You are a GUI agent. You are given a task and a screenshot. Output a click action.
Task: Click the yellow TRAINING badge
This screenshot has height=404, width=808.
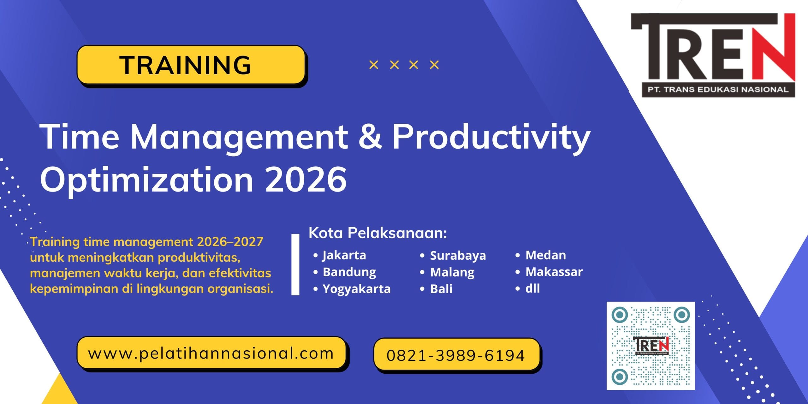(191, 65)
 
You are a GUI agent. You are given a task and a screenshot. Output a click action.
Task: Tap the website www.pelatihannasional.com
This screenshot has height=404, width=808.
(211, 353)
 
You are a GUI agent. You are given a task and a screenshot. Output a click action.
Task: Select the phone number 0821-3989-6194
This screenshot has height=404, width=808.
(456, 355)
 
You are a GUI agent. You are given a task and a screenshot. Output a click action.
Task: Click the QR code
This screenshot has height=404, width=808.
(651, 346)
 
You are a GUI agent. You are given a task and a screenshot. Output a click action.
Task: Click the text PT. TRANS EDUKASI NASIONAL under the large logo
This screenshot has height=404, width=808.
(718, 90)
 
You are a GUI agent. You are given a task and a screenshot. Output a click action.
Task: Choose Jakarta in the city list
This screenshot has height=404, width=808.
(344, 255)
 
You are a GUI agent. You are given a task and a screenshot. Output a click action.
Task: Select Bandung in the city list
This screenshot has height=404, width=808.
(349, 272)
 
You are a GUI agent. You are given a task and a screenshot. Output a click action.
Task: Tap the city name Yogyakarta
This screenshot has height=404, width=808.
(357, 289)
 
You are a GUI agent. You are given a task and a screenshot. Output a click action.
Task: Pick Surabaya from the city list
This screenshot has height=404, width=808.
(458, 255)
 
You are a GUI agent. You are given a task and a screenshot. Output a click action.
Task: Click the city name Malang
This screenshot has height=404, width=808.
(452, 272)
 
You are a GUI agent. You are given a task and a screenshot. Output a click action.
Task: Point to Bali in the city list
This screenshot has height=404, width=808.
(441, 289)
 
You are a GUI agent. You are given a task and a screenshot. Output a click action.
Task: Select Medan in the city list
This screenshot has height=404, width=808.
(546, 255)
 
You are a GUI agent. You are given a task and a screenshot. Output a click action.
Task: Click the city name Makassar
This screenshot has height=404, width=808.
(554, 272)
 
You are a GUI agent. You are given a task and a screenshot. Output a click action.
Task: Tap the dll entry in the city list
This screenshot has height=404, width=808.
(532, 288)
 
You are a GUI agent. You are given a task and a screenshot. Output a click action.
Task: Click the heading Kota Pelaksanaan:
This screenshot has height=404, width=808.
(378, 233)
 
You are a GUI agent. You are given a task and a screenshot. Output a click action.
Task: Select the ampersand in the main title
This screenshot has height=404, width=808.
(370, 137)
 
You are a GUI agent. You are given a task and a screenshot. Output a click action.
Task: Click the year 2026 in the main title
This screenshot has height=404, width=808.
(306, 179)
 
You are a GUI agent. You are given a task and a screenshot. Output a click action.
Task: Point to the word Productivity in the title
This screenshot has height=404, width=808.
(491, 139)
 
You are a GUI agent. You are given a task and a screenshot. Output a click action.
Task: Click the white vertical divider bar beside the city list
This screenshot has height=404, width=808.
(295, 264)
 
